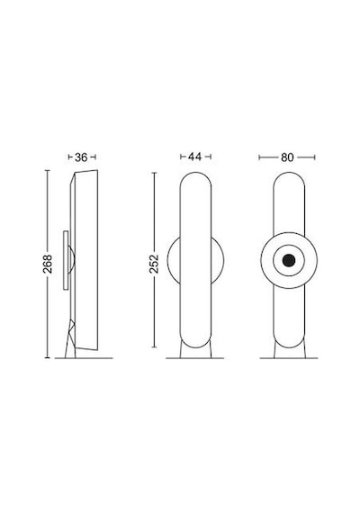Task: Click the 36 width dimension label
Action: point(81,157)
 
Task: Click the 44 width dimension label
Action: point(194,157)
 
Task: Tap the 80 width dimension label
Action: point(287,157)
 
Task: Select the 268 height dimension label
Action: point(48,264)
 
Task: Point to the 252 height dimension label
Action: point(154,264)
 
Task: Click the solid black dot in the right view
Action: point(289,260)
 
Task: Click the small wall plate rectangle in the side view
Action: point(66,260)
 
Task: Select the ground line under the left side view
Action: point(84,358)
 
